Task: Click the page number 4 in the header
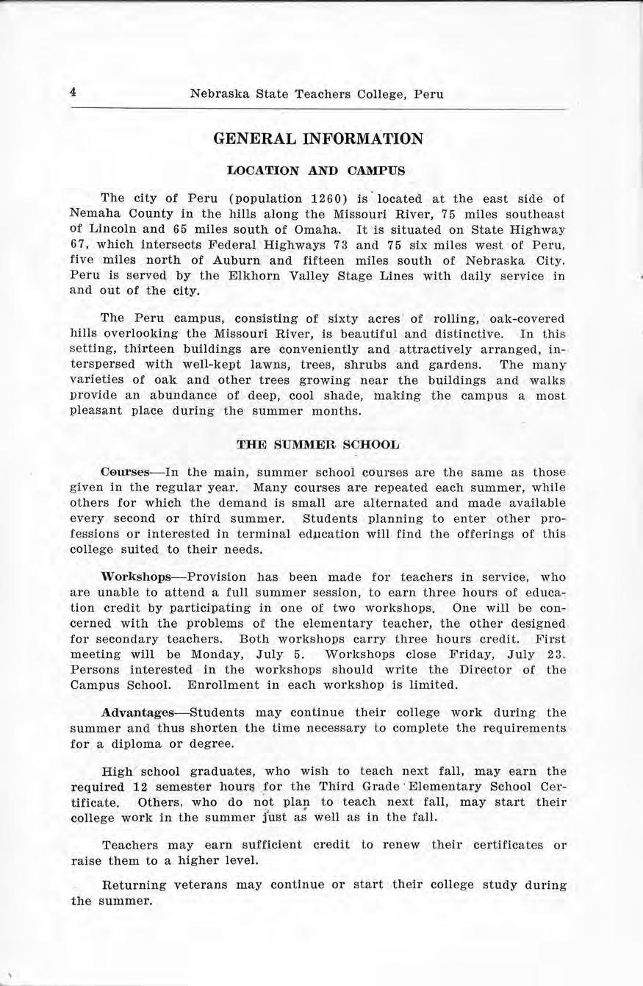click(74, 93)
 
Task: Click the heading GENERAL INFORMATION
click(318, 139)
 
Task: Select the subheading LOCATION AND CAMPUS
click(317, 171)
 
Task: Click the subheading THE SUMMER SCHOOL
click(318, 445)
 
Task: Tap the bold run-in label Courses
click(121, 472)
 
